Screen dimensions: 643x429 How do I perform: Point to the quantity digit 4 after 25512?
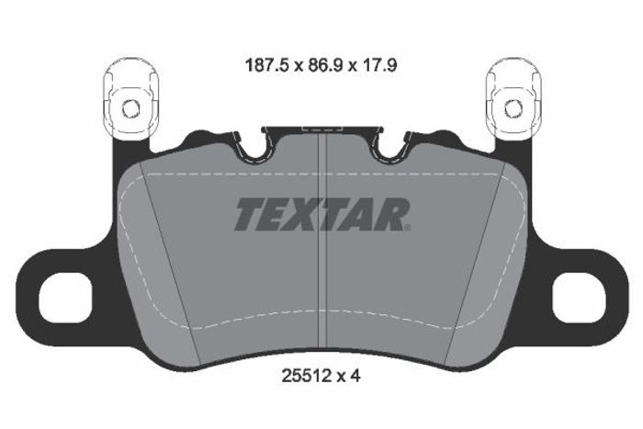(355, 376)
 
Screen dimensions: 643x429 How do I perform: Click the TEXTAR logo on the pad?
(322, 214)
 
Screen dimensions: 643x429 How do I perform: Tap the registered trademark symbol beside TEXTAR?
(408, 228)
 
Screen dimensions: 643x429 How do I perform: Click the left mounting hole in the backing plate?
(65, 299)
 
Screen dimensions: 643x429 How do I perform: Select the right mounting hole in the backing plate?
(579, 299)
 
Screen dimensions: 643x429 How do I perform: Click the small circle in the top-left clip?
(131, 108)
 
